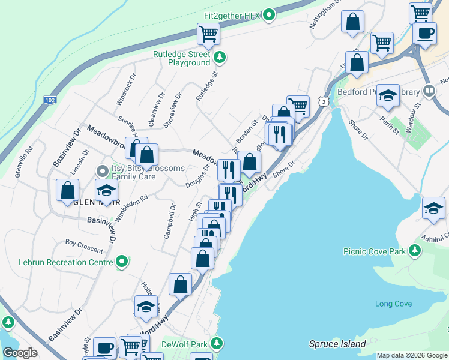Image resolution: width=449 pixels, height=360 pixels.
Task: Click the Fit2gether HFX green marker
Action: coord(269,14)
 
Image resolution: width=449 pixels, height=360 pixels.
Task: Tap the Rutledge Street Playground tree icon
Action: coord(220,58)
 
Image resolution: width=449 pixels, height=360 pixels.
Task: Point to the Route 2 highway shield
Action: coord(324,103)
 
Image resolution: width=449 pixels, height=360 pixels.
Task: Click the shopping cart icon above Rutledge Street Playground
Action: coord(208,34)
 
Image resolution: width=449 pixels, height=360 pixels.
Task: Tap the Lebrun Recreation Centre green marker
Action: coord(122,262)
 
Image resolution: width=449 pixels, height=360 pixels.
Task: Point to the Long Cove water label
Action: coord(393,304)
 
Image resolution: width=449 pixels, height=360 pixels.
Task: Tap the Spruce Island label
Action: coord(337,344)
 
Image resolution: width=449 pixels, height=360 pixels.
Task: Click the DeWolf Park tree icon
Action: coord(219,344)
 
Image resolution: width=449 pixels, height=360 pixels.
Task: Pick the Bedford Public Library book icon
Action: coord(429,91)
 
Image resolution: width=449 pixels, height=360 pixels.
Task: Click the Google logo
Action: coord(20,353)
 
